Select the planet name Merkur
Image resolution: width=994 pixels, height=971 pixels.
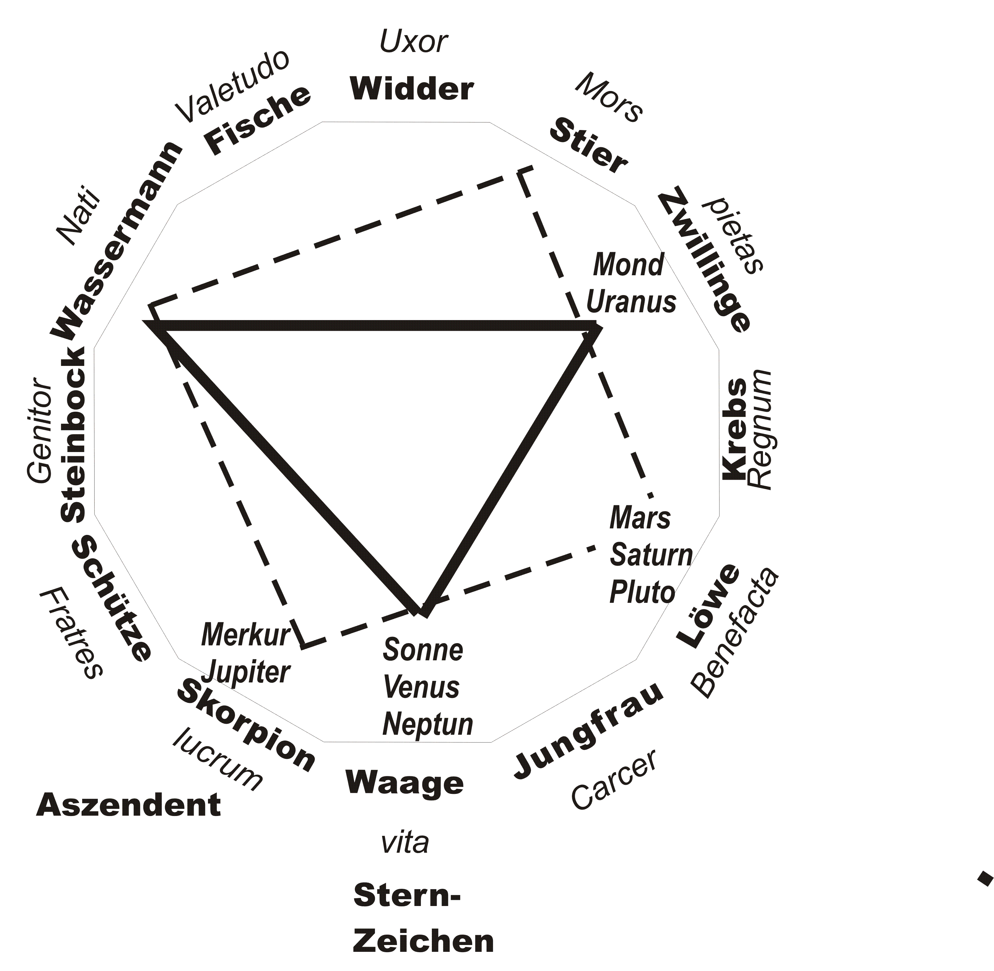(246, 634)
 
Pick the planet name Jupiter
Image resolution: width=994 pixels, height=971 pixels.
(246, 672)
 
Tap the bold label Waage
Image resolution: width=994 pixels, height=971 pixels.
(405, 782)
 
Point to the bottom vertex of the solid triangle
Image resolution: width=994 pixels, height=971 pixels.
(423, 612)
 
